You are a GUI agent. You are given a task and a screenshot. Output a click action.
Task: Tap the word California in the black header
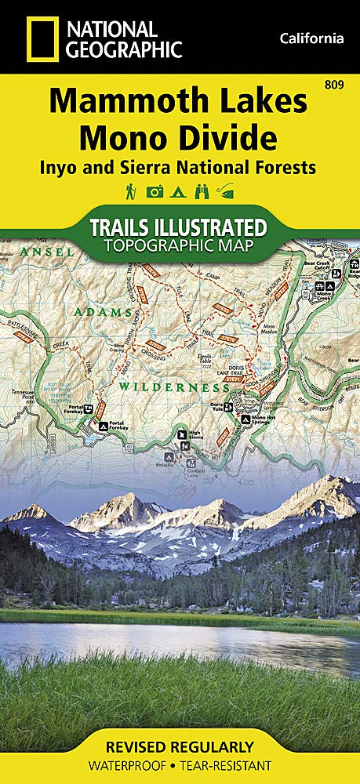coord(311,38)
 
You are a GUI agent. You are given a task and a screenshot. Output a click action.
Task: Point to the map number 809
coord(341,84)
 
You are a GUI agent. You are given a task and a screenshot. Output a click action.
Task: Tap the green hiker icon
coord(129,191)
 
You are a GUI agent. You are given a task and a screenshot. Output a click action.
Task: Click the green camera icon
coord(155,191)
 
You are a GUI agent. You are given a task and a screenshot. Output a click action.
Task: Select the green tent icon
coord(180,191)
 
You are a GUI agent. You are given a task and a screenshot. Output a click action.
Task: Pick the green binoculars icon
coord(203,191)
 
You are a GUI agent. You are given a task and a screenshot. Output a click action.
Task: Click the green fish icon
coord(227,191)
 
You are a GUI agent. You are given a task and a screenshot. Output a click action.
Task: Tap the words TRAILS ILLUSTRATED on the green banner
coord(180,228)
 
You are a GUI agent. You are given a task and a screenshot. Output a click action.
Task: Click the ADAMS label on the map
coord(104,312)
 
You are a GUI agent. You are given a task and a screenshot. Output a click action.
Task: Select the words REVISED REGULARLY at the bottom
coord(180,746)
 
